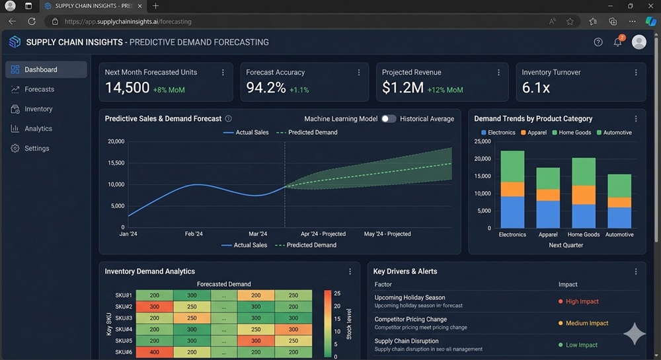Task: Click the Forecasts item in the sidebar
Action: tap(39, 89)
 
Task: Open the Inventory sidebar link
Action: tap(38, 109)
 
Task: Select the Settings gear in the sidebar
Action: tap(15, 149)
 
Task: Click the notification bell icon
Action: tap(617, 42)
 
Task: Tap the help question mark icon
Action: tap(598, 42)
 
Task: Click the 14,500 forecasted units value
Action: tap(127, 88)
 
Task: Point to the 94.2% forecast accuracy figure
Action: tap(266, 88)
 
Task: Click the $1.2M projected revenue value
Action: tap(403, 88)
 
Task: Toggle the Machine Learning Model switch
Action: tap(389, 119)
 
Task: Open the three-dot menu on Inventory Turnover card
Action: tap(636, 73)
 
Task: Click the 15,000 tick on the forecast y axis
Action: tap(116, 162)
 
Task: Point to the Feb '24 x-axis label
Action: tap(194, 234)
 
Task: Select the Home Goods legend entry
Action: tap(572, 133)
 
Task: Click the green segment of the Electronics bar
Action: tap(512, 166)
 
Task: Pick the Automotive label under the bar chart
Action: tap(619, 234)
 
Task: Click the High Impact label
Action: tap(582, 301)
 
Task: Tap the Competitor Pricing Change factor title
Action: tap(410, 319)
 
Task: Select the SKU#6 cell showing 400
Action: tap(154, 352)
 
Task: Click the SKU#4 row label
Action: tap(124, 330)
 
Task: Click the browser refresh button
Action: tap(31, 21)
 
